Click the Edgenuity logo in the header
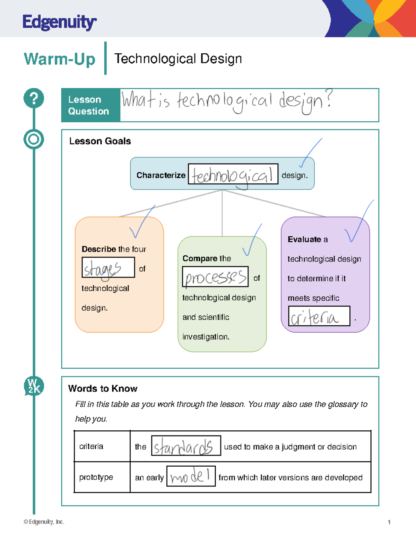(59, 23)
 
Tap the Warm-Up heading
(59, 59)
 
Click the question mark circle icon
(34, 98)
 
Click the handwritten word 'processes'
(215, 277)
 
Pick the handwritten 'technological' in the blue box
(233, 175)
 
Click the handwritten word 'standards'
(183, 447)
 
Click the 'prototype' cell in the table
(96, 477)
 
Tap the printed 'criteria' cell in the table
(91, 447)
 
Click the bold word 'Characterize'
(161, 175)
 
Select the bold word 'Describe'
(99, 249)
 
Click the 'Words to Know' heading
(103, 389)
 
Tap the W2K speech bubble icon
(34, 386)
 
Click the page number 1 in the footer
(389, 522)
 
